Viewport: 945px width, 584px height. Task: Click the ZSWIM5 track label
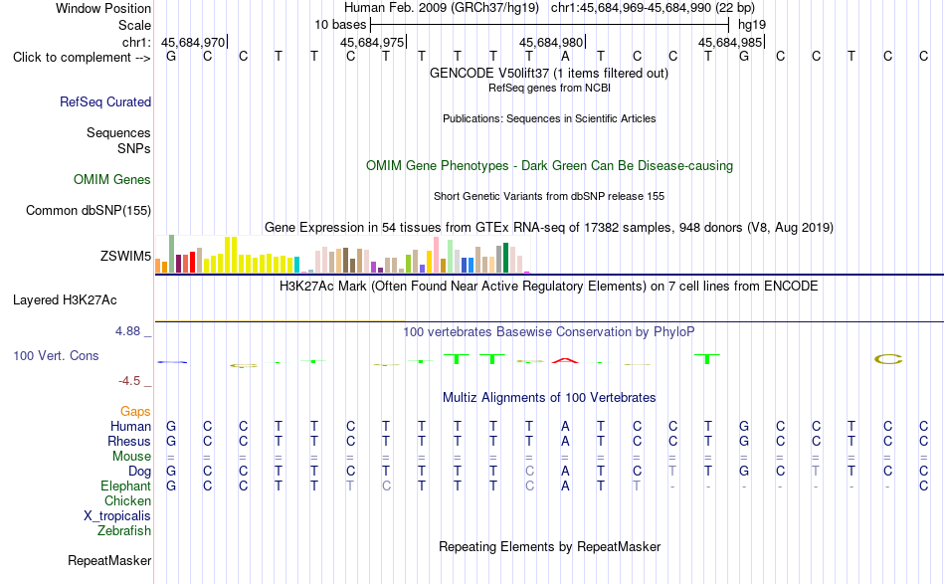click(x=125, y=256)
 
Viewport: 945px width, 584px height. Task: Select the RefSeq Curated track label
click(x=105, y=101)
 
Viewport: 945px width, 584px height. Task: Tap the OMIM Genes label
click(x=112, y=180)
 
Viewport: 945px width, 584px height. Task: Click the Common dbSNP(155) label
click(x=89, y=210)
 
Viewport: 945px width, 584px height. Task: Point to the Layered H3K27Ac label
click(x=65, y=300)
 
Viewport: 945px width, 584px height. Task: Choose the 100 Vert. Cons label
click(x=56, y=355)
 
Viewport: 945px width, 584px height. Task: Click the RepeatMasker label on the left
click(x=109, y=560)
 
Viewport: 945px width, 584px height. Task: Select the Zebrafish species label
click(x=124, y=531)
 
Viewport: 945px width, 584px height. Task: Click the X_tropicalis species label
click(x=117, y=516)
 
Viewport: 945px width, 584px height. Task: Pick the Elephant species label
click(x=125, y=486)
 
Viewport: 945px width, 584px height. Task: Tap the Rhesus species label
click(x=129, y=441)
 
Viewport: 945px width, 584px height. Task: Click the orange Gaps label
click(x=135, y=411)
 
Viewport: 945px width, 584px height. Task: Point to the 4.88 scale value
click(x=127, y=331)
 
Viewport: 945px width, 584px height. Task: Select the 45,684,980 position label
click(x=551, y=42)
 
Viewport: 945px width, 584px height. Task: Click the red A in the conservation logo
click(x=565, y=360)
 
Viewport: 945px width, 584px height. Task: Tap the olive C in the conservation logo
click(x=888, y=359)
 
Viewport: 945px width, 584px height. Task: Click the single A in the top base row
click(x=565, y=57)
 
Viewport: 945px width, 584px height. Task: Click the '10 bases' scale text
click(x=340, y=25)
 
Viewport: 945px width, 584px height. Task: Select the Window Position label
click(x=103, y=8)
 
